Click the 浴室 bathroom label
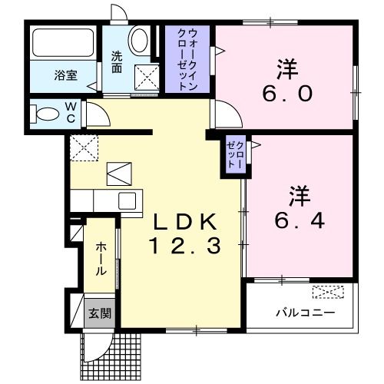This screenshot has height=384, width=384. pyautogui.click(x=65, y=76)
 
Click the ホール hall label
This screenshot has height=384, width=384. pyautogui.click(x=101, y=260)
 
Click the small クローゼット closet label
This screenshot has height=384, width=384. pyautogui.click(x=233, y=156)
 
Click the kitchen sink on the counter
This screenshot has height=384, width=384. pyautogui.click(x=127, y=201)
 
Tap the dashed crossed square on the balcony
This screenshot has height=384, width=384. pyautogui.click(x=329, y=293)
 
